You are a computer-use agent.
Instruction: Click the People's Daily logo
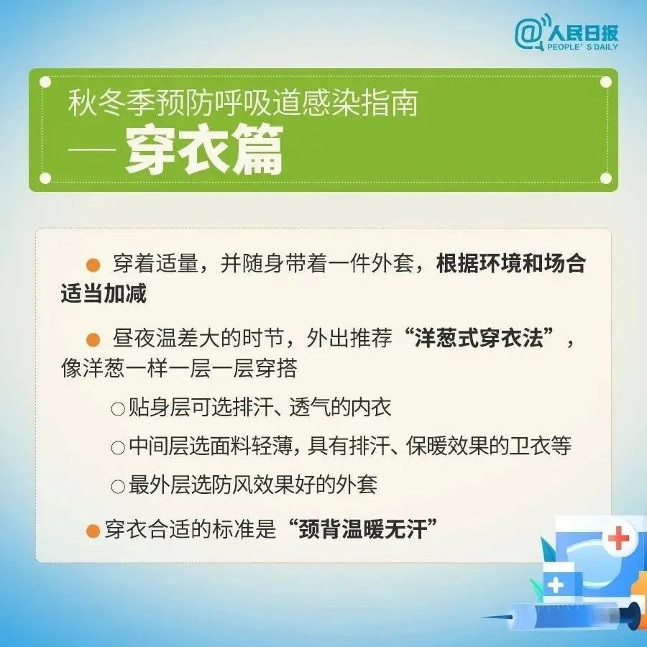click(x=566, y=33)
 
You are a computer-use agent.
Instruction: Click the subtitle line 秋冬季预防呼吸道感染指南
click(x=243, y=105)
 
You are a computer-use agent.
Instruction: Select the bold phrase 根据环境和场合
click(x=511, y=264)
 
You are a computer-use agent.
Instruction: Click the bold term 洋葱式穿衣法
click(x=479, y=339)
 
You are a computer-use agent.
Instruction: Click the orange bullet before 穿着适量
click(x=93, y=265)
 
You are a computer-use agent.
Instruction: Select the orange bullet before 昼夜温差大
click(x=93, y=339)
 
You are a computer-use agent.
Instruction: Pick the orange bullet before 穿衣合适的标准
click(x=92, y=531)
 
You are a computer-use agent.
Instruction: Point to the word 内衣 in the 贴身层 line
click(x=372, y=408)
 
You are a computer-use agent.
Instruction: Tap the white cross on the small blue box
click(x=555, y=584)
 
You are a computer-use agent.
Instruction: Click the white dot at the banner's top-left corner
click(x=45, y=82)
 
